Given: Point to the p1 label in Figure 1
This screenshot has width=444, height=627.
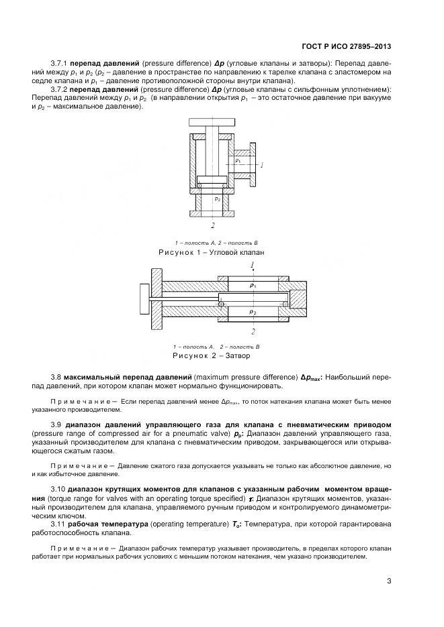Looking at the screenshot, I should click(x=238, y=162).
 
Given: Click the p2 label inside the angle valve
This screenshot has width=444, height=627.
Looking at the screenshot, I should click(x=216, y=199).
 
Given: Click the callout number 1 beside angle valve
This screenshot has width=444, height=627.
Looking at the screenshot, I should click(x=263, y=165).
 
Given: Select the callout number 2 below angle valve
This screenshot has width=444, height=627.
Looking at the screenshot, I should click(x=212, y=226).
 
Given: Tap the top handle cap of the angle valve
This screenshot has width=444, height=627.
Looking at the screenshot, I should click(x=212, y=123).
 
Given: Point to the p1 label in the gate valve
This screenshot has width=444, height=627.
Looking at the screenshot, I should click(x=253, y=286).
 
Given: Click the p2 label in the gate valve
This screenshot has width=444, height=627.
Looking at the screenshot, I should click(x=253, y=312).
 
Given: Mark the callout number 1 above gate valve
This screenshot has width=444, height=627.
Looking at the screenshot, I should click(x=253, y=266).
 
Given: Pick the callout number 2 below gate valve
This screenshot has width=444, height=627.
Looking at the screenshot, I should click(x=253, y=331).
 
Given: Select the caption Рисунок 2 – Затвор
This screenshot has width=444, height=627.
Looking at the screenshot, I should click(x=212, y=355).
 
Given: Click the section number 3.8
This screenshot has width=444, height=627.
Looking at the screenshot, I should click(x=56, y=377).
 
